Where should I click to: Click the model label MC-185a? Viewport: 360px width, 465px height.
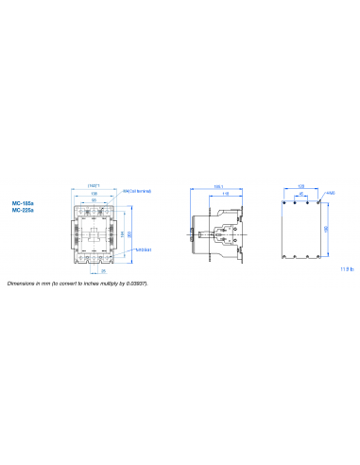pyautogui.click(x=24, y=202)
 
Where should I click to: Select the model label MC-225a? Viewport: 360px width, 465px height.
pyautogui.click(x=24, y=211)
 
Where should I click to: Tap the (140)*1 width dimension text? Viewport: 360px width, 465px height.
pyautogui.click(x=94, y=185)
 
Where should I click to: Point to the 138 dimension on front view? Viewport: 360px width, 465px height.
pyautogui.click(x=94, y=193)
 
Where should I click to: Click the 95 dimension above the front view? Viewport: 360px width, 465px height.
pyautogui.click(x=94, y=199)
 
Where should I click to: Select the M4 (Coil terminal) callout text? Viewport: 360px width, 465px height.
pyautogui.click(x=138, y=191)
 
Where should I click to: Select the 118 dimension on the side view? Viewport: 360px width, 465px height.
pyautogui.click(x=225, y=194)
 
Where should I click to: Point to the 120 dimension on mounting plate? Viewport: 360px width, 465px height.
pyautogui.click(x=301, y=186)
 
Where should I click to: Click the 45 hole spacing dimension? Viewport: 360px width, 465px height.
pyautogui.click(x=301, y=194)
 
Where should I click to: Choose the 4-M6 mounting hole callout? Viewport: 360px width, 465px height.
pyautogui.click(x=330, y=192)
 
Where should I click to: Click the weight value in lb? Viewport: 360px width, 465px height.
pyautogui.click(x=346, y=269)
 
